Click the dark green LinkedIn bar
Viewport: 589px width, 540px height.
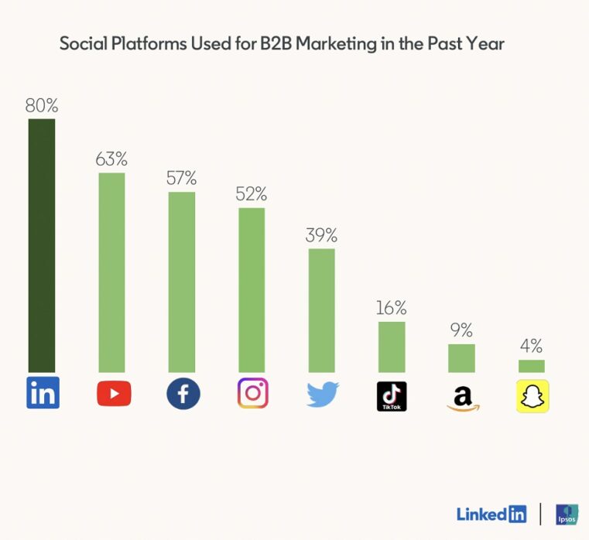pyautogui.click(x=42, y=245)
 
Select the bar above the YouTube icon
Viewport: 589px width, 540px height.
pyautogui.click(x=111, y=272)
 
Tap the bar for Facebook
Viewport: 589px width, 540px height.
pyautogui.click(x=182, y=282)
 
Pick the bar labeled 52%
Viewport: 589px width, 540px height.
pyautogui.click(x=252, y=290)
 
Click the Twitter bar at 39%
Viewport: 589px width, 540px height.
pyautogui.click(x=322, y=310)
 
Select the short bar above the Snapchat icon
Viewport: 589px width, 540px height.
pyautogui.click(x=532, y=366)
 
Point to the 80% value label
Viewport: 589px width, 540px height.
pyautogui.click(x=42, y=106)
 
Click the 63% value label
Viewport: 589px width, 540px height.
pyautogui.click(x=111, y=159)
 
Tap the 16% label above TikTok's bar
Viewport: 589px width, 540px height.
pyautogui.click(x=392, y=308)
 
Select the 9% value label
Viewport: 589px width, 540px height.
pyautogui.click(x=461, y=330)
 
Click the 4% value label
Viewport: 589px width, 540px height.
pyautogui.click(x=532, y=346)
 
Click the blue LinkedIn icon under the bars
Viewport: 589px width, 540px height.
pyautogui.click(x=43, y=393)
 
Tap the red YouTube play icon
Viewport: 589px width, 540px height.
pyautogui.click(x=113, y=394)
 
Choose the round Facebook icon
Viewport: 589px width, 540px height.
pyautogui.click(x=183, y=394)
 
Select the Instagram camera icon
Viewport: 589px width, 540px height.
pyautogui.click(x=252, y=394)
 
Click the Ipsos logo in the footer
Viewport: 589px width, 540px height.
pyautogui.click(x=567, y=514)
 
